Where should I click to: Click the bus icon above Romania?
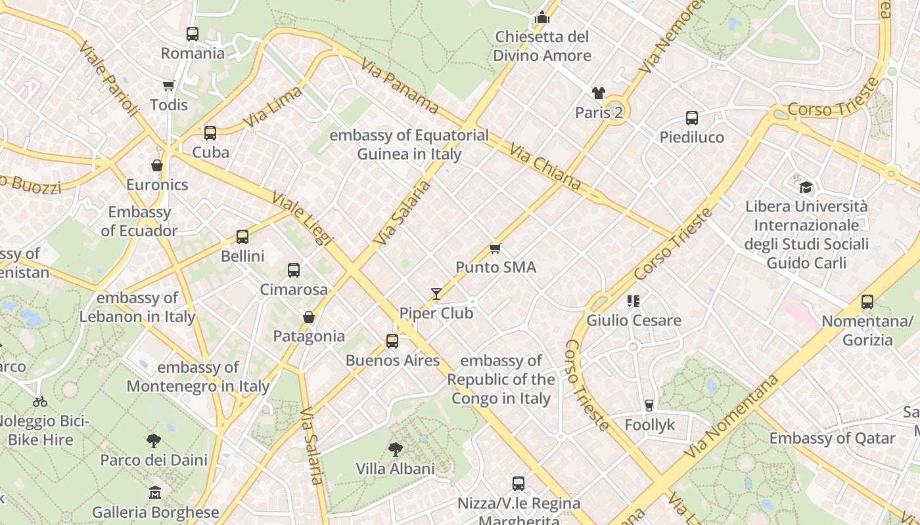tap(193, 34)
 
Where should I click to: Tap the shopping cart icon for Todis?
tap(168, 85)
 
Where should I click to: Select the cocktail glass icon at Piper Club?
tap(436, 293)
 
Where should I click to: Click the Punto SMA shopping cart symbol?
tap(495, 248)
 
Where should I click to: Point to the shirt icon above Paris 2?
tap(598, 93)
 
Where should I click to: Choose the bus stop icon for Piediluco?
tap(692, 118)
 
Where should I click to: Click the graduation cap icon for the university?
tap(806, 187)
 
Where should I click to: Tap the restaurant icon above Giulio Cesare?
tap(633, 301)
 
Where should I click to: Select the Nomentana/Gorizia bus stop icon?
tap(867, 302)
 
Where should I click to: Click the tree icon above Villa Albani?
tap(396, 450)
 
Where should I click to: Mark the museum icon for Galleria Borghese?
tap(155, 492)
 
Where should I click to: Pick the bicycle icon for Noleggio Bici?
tap(40, 401)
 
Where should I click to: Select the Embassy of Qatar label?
tap(832, 438)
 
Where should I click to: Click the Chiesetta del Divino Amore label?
tap(542, 46)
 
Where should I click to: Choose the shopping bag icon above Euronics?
tap(157, 165)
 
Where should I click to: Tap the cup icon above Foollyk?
tap(649, 405)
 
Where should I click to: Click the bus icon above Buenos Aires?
tap(392, 341)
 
